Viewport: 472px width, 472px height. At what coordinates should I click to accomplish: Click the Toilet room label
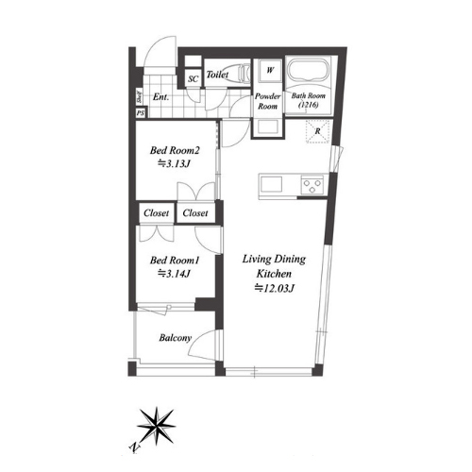click(217, 75)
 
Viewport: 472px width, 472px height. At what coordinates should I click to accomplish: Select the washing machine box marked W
click(270, 70)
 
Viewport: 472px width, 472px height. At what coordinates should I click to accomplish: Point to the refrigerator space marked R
click(318, 131)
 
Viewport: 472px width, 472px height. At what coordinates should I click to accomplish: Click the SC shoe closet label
click(193, 78)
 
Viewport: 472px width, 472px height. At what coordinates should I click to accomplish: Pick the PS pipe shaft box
click(141, 113)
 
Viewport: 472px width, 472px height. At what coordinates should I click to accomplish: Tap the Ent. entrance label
click(160, 97)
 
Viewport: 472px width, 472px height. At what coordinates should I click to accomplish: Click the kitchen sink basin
click(271, 184)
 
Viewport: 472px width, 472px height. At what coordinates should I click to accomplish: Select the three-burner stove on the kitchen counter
click(312, 185)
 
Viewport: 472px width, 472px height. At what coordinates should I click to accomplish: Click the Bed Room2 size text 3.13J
click(174, 163)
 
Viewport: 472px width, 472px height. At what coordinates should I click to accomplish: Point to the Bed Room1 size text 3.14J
click(174, 274)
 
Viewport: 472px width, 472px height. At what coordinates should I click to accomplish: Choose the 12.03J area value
click(274, 288)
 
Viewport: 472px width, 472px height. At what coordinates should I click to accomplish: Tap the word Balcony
click(176, 338)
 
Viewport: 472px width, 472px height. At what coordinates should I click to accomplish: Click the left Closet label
click(157, 213)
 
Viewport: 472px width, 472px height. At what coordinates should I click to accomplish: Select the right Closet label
click(195, 213)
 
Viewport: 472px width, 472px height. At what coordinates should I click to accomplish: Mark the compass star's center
click(157, 426)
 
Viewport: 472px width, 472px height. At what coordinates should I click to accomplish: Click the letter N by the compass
click(135, 447)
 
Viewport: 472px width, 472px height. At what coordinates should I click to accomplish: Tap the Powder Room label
click(268, 101)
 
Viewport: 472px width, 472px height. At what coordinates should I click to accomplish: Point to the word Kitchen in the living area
click(274, 274)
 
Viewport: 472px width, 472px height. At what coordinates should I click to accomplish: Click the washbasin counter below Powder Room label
click(268, 127)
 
